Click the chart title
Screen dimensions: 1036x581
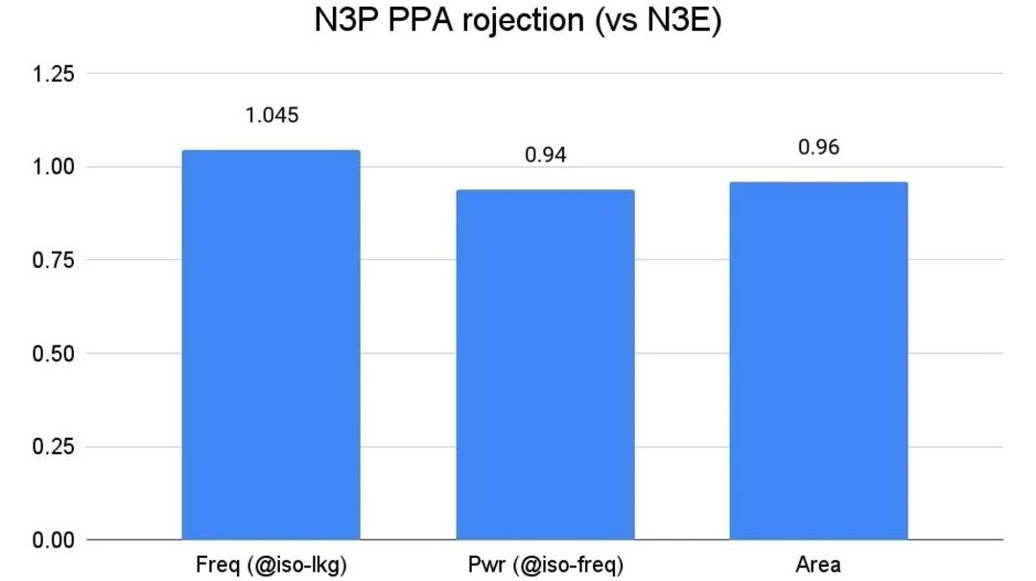coord(518,20)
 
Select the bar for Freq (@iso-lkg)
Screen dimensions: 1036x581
coord(271,345)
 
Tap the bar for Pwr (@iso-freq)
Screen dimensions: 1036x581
coord(545,365)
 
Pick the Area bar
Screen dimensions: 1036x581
coord(818,361)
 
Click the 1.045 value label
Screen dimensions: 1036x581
coord(271,115)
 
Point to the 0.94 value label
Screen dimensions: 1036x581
coord(545,155)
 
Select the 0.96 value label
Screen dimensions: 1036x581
coord(818,147)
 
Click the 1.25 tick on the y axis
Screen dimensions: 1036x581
coord(54,73)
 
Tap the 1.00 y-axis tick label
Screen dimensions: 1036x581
coord(54,167)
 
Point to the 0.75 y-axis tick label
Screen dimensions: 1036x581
coord(54,260)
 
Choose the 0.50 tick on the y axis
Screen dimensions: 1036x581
coord(54,353)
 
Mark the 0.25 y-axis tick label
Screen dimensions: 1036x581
coord(54,447)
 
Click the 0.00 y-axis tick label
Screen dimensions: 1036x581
coord(54,540)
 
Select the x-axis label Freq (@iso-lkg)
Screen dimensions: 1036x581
coord(271,565)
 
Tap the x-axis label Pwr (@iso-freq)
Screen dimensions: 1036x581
coord(546,565)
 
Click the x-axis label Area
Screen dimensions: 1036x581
coord(818,565)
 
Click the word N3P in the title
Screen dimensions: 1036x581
coord(347,20)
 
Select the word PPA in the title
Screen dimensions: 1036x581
coord(420,20)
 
